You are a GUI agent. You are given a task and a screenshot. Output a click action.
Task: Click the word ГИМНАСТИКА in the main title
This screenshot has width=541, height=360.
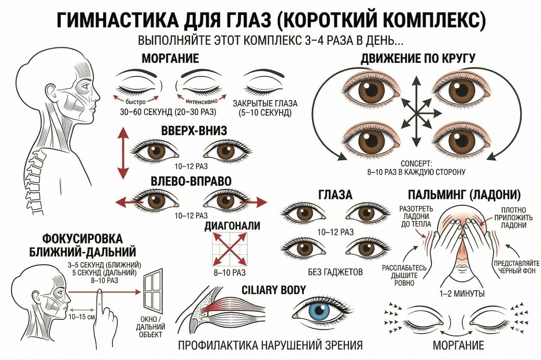(118, 21)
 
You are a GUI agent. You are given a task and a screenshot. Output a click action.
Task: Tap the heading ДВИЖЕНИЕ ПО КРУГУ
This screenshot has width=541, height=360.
(418, 59)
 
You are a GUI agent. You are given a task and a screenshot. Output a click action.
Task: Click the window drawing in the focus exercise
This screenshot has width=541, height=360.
(153, 291)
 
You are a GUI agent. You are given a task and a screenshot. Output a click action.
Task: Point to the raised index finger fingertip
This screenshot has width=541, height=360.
(99, 292)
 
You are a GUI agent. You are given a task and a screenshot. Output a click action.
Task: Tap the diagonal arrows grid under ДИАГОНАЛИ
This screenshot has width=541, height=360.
(230, 249)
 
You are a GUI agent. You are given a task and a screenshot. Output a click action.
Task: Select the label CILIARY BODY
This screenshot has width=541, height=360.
(273, 290)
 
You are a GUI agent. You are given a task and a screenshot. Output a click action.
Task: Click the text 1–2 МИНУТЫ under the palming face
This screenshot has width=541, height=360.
(462, 294)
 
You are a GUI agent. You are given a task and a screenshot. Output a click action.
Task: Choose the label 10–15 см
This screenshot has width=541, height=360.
(81, 316)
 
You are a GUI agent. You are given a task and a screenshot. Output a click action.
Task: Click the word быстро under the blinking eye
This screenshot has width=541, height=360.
(136, 102)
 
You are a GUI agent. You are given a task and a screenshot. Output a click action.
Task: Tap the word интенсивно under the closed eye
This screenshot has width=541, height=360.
(202, 101)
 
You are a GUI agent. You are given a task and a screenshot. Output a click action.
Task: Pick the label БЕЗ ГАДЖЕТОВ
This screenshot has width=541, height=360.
(336, 272)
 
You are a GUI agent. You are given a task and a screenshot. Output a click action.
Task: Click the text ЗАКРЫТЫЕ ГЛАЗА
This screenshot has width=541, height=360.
(265, 104)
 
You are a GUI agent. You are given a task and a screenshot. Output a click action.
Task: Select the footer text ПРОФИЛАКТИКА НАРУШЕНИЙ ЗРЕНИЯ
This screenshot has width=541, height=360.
(270, 345)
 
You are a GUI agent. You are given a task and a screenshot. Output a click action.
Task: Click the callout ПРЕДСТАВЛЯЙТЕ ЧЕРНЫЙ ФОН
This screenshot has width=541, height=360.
(516, 267)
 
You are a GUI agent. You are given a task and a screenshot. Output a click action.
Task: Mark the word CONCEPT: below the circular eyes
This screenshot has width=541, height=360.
(416, 164)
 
